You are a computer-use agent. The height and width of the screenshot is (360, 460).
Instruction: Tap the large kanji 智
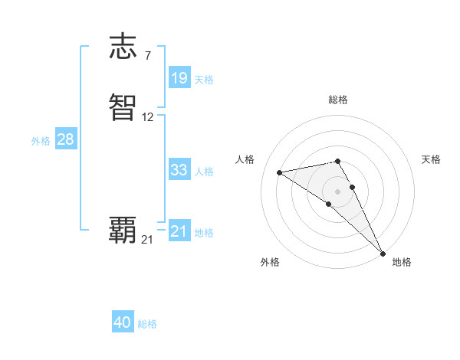point(123,108)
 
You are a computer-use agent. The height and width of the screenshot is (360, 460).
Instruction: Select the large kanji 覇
point(123,230)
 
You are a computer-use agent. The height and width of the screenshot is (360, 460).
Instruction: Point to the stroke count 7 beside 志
point(147,56)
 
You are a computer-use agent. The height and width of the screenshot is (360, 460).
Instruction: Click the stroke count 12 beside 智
point(148,117)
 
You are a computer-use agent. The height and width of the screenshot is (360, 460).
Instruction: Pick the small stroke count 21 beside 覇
point(147,240)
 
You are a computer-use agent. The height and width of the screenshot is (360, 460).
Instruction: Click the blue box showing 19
point(179,77)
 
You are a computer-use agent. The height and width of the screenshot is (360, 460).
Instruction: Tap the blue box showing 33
point(179,170)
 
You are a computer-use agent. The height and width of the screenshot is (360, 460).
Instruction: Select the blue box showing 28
point(65,139)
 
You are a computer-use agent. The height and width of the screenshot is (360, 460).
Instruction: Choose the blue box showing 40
point(123,322)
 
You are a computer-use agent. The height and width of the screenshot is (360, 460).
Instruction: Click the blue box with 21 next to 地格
point(179,231)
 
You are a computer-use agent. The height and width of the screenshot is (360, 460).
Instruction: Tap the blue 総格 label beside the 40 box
point(147,324)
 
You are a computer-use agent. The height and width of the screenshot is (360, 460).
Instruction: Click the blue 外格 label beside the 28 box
point(40,141)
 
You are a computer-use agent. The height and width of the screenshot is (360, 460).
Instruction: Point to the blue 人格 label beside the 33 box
point(204,172)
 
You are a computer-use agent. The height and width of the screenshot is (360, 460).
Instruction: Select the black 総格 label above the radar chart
point(337,100)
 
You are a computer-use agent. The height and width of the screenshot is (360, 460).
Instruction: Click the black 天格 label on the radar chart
point(431,159)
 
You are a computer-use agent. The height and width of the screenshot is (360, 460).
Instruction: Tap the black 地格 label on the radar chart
point(402,262)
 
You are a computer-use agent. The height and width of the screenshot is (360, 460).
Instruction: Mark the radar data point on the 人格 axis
point(279,172)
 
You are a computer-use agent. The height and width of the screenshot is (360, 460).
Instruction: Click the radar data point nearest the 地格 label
point(383,254)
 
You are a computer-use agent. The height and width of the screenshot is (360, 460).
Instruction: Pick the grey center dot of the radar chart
point(337,191)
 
